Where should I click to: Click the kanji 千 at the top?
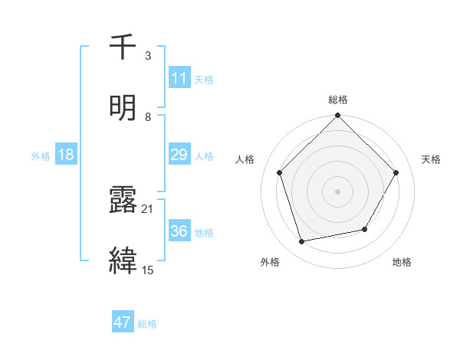pyautogui.click(x=123, y=47)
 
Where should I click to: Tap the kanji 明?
pyautogui.click(x=123, y=106)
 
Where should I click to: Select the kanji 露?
pyautogui.click(x=123, y=201)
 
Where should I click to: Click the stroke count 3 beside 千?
pyautogui.click(x=147, y=56)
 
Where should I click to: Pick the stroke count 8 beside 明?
pyautogui.click(x=147, y=116)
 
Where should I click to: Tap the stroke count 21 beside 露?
pyautogui.click(x=148, y=208)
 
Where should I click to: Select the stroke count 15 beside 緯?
pyautogui.click(x=148, y=270)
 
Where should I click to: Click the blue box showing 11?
pyautogui.click(x=179, y=78)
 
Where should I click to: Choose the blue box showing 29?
pyautogui.click(x=179, y=155)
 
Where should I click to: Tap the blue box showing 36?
pyautogui.click(x=179, y=231)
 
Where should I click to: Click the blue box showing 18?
pyautogui.click(x=66, y=155)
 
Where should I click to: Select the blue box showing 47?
pyautogui.click(x=123, y=322)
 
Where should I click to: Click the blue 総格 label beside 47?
pyautogui.click(x=147, y=324)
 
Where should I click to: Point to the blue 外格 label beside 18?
pyautogui.click(x=41, y=156)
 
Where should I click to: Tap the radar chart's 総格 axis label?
pyautogui.click(x=338, y=100)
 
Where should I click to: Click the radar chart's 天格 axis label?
pyautogui.click(x=431, y=159)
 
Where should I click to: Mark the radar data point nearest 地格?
pyautogui.click(x=365, y=229)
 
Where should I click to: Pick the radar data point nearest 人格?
pyautogui.click(x=280, y=172)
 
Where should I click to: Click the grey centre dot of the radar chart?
pyautogui.click(x=338, y=191)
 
